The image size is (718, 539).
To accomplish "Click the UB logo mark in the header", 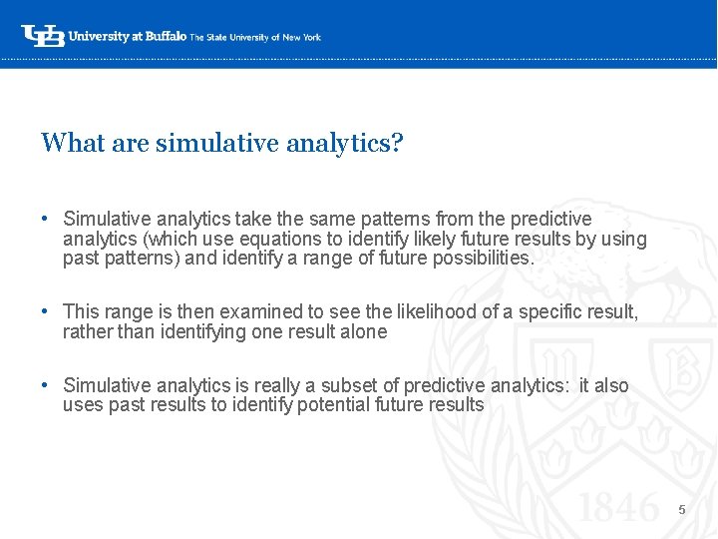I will (x=43, y=36).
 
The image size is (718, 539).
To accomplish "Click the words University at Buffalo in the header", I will (x=127, y=36).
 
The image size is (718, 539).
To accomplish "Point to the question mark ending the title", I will (x=397, y=143).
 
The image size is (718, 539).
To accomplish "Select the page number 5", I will (x=682, y=510).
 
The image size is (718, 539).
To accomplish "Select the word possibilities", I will (x=484, y=259).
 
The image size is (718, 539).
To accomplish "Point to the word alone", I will (x=363, y=332).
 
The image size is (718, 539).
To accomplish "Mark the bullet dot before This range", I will (x=46, y=312).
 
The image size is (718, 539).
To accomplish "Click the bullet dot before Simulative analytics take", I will (x=46, y=219).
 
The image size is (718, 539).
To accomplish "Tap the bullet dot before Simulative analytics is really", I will (x=46, y=385).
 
